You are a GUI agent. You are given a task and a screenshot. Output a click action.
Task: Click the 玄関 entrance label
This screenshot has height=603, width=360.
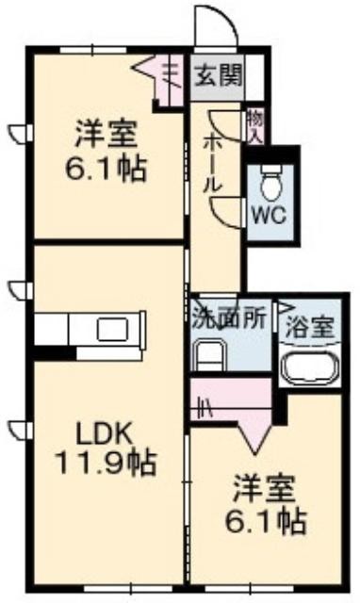[x=219, y=74]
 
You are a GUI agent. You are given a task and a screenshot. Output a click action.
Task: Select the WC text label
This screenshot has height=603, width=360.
[x=270, y=216]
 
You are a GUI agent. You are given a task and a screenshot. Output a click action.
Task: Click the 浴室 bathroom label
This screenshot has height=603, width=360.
[x=309, y=328]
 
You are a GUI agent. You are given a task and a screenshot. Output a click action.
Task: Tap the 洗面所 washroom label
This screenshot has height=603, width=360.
[x=229, y=318]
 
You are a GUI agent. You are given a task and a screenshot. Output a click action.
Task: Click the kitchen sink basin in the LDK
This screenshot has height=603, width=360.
[x=113, y=329]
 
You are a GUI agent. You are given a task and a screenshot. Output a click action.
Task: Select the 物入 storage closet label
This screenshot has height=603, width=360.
[x=255, y=125]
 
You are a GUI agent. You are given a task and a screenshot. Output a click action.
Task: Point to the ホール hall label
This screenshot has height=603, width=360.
[x=213, y=164]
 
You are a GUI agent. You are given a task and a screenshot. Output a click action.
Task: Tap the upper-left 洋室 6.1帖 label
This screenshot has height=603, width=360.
[x=106, y=151]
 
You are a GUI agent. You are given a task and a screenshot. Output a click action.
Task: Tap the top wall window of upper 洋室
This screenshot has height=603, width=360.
[x=93, y=50]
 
